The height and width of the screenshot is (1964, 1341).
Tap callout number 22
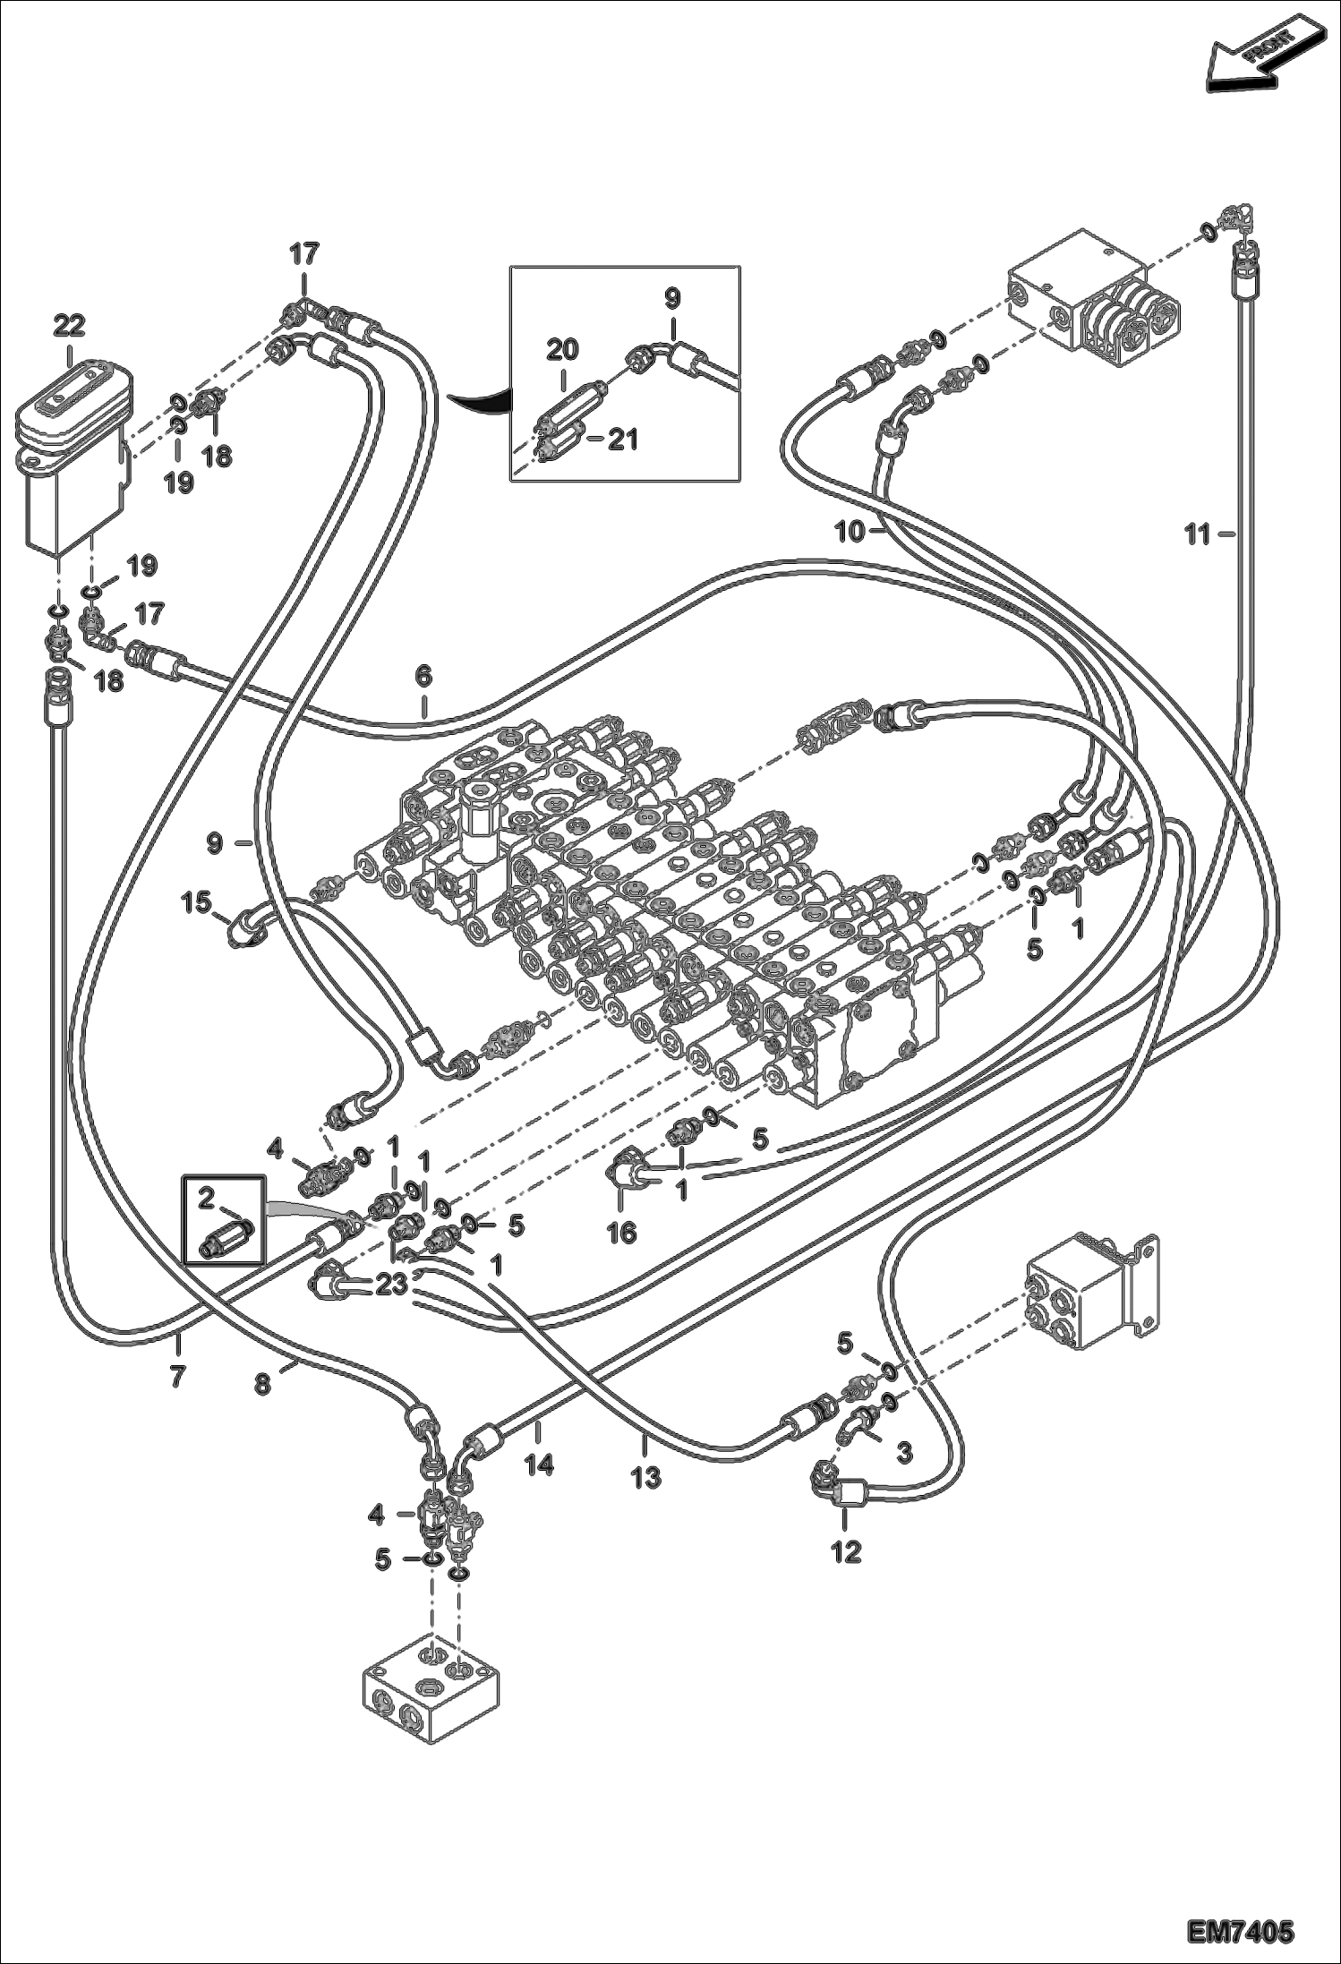[x=69, y=326]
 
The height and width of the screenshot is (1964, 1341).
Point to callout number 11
[x=1197, y=534]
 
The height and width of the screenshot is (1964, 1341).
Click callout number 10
[x=850, y=532]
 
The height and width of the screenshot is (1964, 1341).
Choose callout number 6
[x=423, y=677]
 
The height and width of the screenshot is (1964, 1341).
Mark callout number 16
[x=621, y=1232]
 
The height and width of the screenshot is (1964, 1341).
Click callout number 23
[x=391, y=1284]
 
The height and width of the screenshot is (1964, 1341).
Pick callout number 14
[x=539, y=1464]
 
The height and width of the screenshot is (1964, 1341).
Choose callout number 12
[x=846, y=1550]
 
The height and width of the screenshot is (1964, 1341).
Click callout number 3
[x=903, y=1453]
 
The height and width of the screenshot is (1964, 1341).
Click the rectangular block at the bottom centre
[x=431, y=1686]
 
